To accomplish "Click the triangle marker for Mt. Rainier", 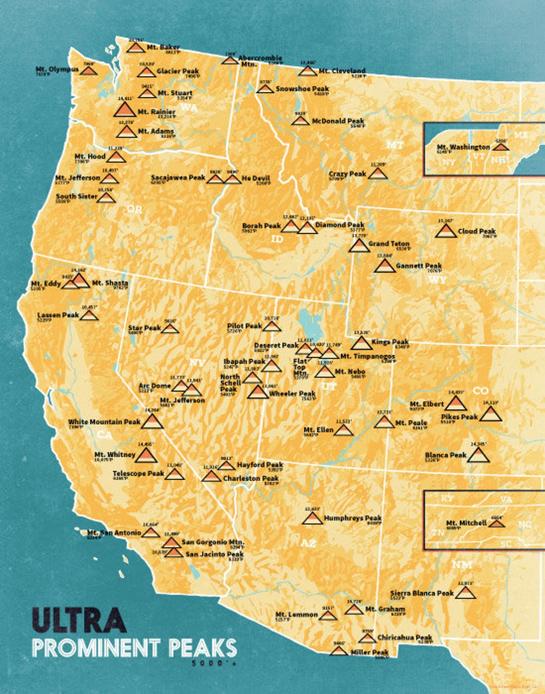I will [x=124, y=109].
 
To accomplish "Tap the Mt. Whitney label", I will [x=115, y=454].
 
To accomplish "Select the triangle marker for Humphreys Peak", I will [x=312, y=518].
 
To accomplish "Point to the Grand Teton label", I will [x=389, y=244].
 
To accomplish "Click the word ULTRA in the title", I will [x=79, y=620].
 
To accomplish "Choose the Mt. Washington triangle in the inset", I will [x=500, y=147].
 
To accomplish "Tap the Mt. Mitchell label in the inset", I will [x=466, y=523].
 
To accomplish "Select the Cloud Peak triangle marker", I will [x=445, y=231].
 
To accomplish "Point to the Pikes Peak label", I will [x=459, y=417].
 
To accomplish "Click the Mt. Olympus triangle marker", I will [x=89, y=71].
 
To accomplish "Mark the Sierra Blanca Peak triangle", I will [x=465, y=593].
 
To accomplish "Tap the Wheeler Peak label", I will [x=292, y=393].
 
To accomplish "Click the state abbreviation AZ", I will [x=308, y=543].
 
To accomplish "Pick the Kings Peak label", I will [x=390, y=342].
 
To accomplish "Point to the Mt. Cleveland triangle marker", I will [x=307, y=71].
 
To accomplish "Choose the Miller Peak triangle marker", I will [x=339, y=651].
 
